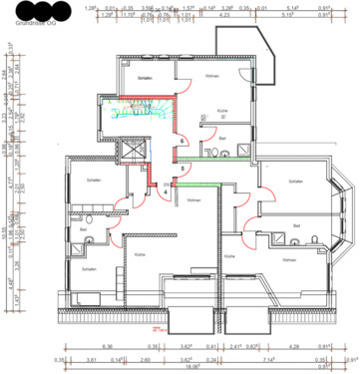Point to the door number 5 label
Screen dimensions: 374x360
[182, 170]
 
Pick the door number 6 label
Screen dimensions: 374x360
[182, 139]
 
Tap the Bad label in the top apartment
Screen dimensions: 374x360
[223, 139]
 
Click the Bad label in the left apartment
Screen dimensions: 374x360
[83, 228]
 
